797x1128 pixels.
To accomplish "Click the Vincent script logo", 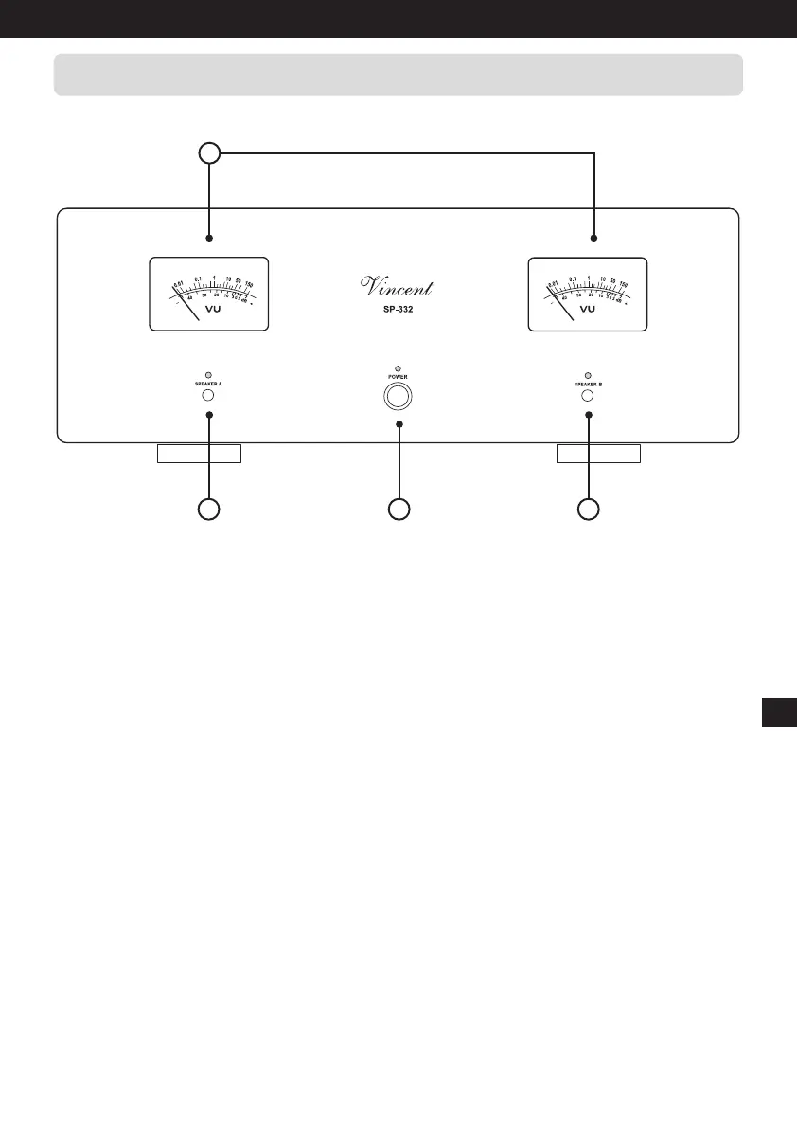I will (398, 281).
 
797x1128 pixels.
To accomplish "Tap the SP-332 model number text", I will (398, 309).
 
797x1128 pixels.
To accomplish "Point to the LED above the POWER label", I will (398, 367).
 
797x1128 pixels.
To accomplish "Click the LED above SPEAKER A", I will (208, 375).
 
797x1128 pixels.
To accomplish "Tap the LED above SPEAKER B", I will (588, 375).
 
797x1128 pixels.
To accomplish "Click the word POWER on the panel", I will (398, 377).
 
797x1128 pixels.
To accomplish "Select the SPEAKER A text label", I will (208, 384).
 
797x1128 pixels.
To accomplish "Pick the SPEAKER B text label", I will (588, 384).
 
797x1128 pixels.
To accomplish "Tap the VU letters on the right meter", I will (588, 309).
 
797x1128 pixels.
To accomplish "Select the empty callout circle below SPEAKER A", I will (208, 509).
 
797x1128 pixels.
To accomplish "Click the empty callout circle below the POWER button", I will (398, 509).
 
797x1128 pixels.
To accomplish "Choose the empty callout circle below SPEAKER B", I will (588, 509).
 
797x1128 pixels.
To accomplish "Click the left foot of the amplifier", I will (199, 453).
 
